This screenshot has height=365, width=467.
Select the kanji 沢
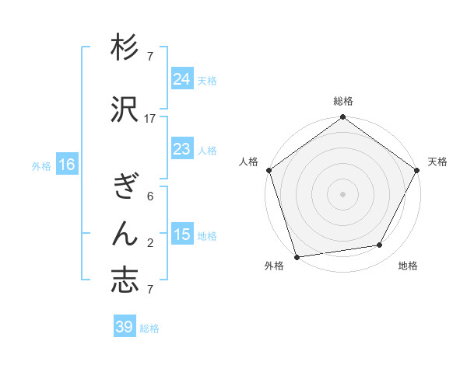(125, 110)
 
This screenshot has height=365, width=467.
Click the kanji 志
(125, 280)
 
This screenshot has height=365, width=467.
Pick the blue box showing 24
(182, 79)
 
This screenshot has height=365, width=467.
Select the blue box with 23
(182, 149)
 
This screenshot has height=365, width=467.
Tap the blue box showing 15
(182, 235)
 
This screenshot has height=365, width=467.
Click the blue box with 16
(67, 165)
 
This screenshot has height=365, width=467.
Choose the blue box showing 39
(125, 327)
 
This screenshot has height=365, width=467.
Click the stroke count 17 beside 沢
(150, 118)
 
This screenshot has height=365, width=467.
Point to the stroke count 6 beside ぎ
(150, 196)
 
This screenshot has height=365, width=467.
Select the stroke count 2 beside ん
(150, 243)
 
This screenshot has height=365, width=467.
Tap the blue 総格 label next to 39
(149, 328)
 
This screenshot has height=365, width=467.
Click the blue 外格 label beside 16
(41, 165)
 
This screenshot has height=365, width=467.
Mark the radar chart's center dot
(342, 193)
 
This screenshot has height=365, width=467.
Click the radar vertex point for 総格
(342, 117)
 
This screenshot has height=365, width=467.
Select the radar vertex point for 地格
(380, 245)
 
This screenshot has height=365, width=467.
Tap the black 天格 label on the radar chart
(437, 162)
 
